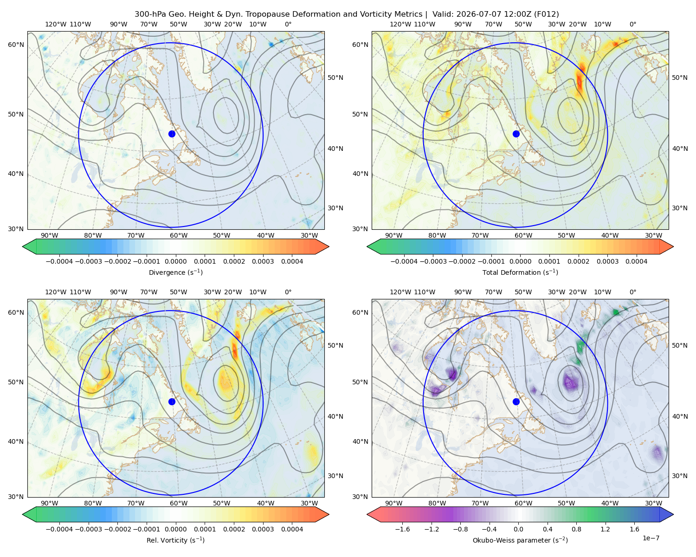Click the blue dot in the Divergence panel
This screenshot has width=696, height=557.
[172, 134]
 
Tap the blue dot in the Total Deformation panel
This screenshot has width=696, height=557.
[516, 134]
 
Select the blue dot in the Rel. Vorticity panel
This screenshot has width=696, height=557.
[172, 402]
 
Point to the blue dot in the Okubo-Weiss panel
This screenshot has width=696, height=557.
[516, 402]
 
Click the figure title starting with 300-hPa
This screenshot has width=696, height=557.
[347, 14]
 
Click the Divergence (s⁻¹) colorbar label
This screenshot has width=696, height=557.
[175, 272]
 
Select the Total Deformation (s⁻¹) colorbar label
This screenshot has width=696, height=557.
[520, 272]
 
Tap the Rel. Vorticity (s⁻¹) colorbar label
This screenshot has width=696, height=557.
[175, 540]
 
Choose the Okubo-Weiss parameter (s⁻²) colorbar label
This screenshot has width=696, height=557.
[520, 540]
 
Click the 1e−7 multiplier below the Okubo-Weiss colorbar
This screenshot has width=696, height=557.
[651, 538]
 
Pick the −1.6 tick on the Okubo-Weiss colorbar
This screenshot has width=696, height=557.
[402, 529]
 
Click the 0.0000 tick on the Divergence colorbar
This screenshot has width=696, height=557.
[175, 261]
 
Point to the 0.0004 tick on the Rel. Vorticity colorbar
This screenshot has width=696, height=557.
[292, 529]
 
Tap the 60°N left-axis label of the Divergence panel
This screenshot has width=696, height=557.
[16, 45]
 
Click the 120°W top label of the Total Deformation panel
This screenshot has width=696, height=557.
[400, 24]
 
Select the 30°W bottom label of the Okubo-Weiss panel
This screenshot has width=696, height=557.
[654, 503]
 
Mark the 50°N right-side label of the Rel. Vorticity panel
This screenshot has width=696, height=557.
[335, 345]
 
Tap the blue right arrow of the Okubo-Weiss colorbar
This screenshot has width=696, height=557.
[666, 514]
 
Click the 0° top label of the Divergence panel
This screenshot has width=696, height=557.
[288, 24]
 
